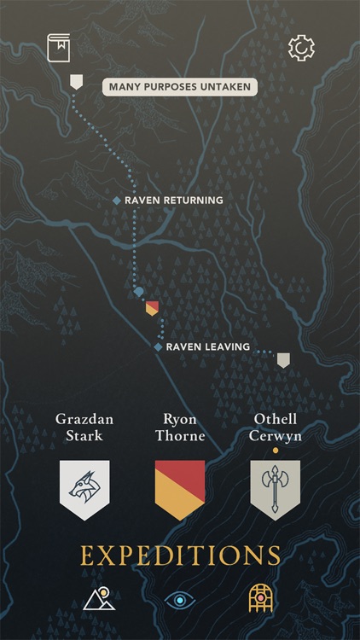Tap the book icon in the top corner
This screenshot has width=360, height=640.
click(59, 47)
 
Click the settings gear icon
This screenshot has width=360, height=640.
click(301, 48)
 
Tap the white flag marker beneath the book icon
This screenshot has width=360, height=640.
click(76, 82)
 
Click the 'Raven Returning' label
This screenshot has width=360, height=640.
click(174, 201)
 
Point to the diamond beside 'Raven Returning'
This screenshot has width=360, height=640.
click(117, 201)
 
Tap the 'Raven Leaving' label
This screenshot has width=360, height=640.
click(207, 347)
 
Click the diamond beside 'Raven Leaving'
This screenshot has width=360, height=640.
click(158, 347)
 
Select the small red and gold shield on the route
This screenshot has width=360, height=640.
click(152, 308)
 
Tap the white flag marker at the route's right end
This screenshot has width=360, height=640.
click(283, 360)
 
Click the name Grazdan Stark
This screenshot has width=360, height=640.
click(84, 428)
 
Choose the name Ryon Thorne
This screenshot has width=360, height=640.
click(180, 428)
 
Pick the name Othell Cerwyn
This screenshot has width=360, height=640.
click(276, 428)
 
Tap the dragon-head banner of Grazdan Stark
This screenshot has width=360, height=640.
click(84, 489)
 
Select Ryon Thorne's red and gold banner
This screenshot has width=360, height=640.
click(180, 489)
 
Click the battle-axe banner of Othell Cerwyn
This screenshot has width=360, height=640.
click(276, 489)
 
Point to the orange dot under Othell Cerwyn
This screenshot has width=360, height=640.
click(276, 450)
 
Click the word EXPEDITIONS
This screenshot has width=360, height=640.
click(180, 556)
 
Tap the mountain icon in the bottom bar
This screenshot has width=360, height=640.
click(99, 600)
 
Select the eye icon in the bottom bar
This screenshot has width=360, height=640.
click(180, 600)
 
